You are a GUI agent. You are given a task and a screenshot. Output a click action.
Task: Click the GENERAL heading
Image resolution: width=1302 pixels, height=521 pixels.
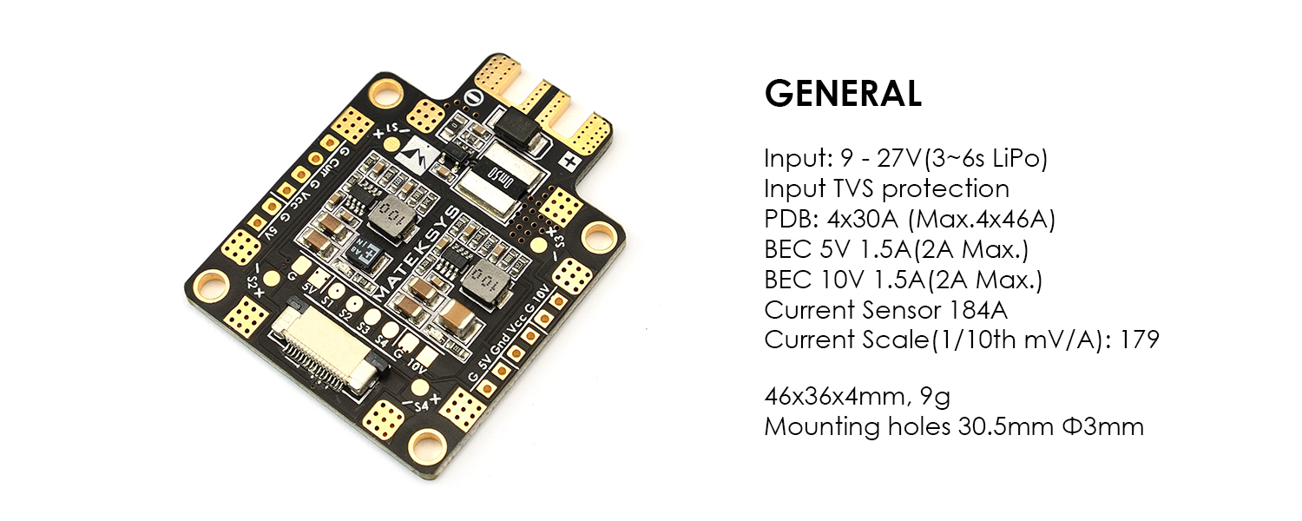(x=843, y=94)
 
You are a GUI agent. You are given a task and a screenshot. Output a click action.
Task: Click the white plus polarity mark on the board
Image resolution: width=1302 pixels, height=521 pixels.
(x=569, y=160)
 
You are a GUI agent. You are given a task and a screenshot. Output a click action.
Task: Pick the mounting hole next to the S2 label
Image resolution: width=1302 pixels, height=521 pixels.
(x=212, y=286)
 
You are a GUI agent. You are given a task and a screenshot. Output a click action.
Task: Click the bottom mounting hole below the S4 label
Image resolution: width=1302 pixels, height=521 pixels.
(x=427, y=446)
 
